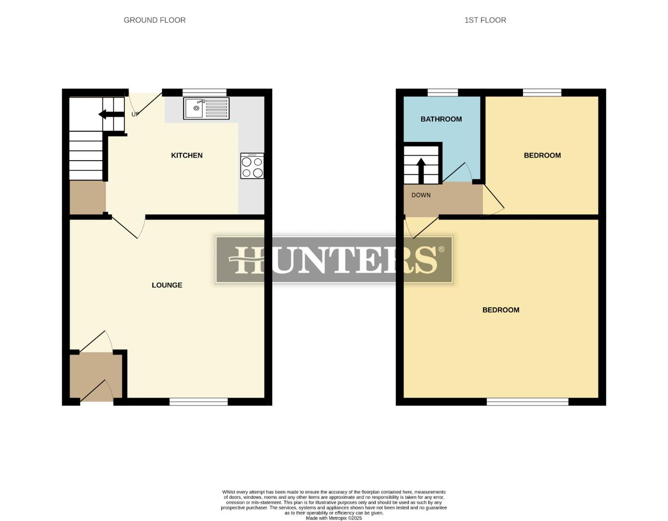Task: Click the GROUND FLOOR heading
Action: tap(154, 20)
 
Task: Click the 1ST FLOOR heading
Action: tap(485, 20)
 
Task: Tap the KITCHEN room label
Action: tap(187, 155)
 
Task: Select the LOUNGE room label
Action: tap(167, 285)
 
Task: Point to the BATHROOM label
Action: tap(441, 119)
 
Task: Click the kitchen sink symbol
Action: tap(206, 108)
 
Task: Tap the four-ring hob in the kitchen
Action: tap(252, 166)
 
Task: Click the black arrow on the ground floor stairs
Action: tap(111, 114)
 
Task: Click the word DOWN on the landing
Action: tap(421, 195)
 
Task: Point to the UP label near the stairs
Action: tap(135, 114)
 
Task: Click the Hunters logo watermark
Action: tap(334, 260)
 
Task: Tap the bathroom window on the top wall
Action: tap(442, 93)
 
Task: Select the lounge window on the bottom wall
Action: tap(198, 401)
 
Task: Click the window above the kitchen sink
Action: tap(204, 93)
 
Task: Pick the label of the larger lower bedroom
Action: tap(501, 310)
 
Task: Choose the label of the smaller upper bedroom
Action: tap(542, 155)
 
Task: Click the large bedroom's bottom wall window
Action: tap(527, 401)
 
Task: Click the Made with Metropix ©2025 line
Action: tap(334, 518)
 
